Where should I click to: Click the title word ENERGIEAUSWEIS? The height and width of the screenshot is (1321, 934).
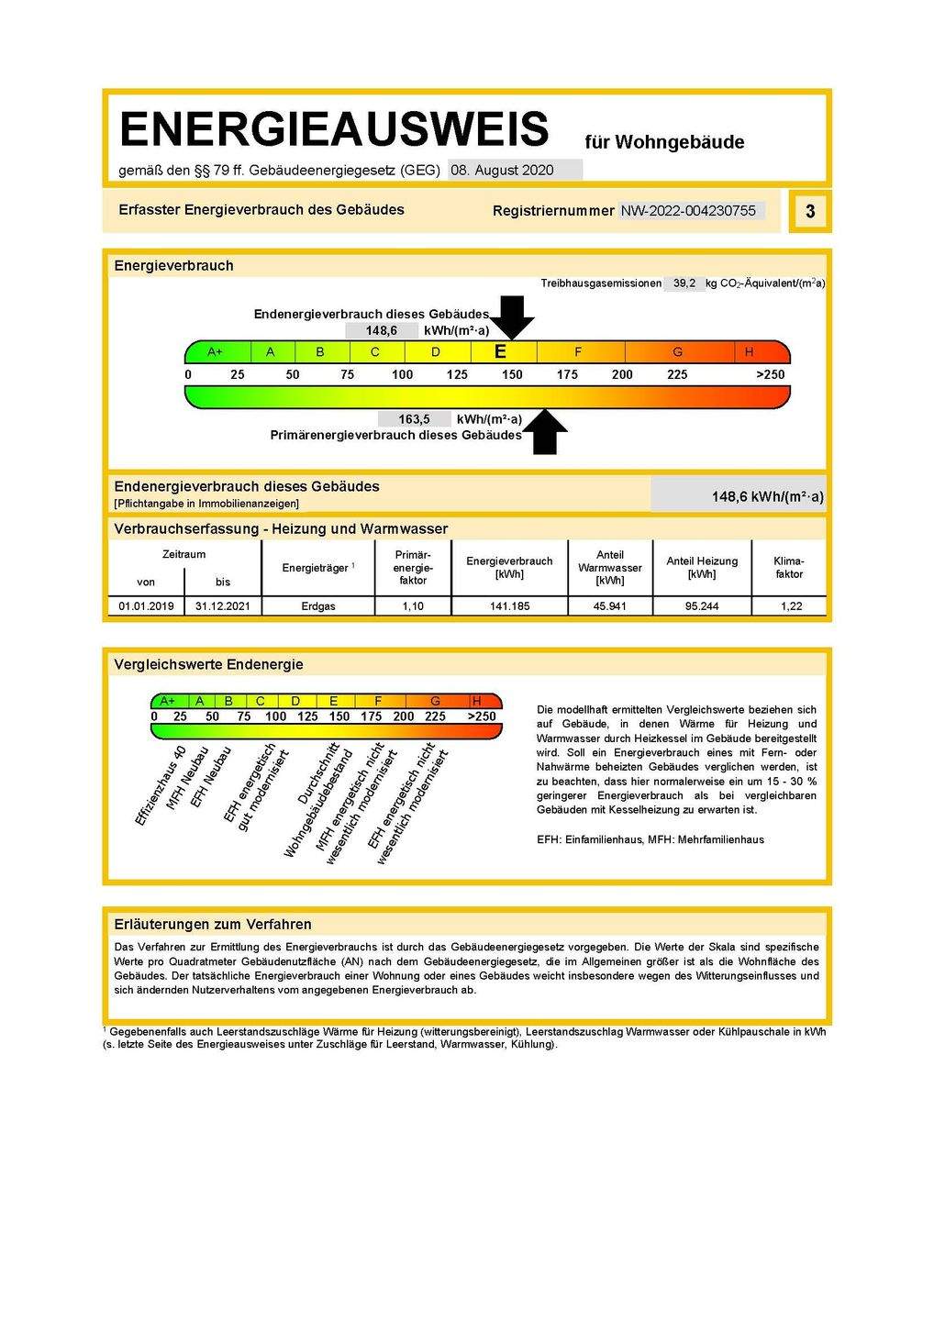click(334, 129)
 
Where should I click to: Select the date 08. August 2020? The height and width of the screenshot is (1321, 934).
click(503, 170)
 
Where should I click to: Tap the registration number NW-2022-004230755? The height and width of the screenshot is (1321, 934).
click(688, 211)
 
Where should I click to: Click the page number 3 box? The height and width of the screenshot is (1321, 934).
click(809, 212)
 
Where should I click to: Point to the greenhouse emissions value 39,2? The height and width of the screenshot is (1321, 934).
click(684, 283)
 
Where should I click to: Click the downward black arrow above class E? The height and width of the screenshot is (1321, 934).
click(512, 316)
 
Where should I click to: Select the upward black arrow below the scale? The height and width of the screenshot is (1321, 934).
click(545, 432)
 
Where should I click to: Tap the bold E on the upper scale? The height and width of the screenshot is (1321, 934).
click(500, 352)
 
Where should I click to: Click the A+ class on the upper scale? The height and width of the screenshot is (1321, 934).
click(216, 352)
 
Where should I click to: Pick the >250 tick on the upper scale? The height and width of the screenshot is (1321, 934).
click(770, 374)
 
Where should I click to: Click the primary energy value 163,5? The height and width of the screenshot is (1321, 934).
click(414, 419)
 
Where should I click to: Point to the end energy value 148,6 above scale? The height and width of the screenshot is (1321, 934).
click(382, 331)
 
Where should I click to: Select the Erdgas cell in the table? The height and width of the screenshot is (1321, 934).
click(318, 606)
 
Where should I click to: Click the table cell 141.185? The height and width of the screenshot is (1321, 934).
click(509, 606)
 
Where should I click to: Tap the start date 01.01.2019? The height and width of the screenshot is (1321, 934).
click(146, 606)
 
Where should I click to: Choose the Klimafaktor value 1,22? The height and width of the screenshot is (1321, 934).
click(791, 606)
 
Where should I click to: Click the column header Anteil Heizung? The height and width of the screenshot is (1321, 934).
click(702, 567)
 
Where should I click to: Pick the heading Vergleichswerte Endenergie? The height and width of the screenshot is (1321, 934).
click(208, 664)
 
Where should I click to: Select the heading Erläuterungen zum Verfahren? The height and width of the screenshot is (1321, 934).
click(213, 925)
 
